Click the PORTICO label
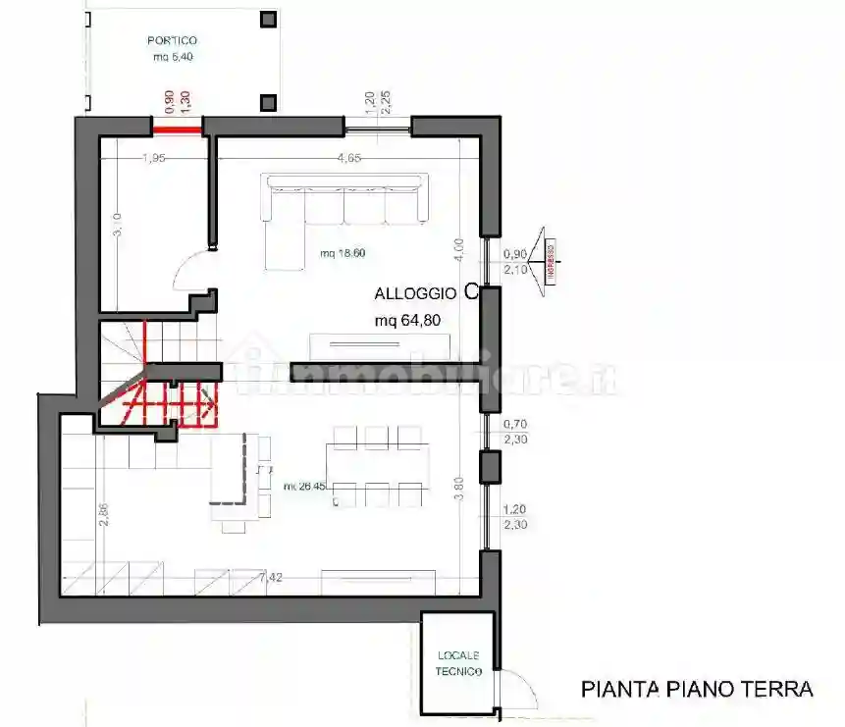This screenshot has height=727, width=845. pyautogui.click(x=172, y=40)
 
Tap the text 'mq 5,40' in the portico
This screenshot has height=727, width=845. pyautogui.click(x=172, y=57)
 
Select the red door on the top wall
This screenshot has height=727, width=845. pyautogui.click(x=178, y=128)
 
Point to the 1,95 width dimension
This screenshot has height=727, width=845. pyautogui.click(x=152, y=157)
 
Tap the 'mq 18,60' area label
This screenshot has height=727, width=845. pyautogui.click(x=343, y=253)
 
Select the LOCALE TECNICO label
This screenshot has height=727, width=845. pyautogui.click(x=459, y=663)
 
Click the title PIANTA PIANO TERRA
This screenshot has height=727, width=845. pyautogui.click(x=697, y=689)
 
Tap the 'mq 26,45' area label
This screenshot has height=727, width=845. pyautogui.click(x=305, y=487)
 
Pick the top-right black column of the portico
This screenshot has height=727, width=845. pyautogui.click(x=267, y=19)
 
